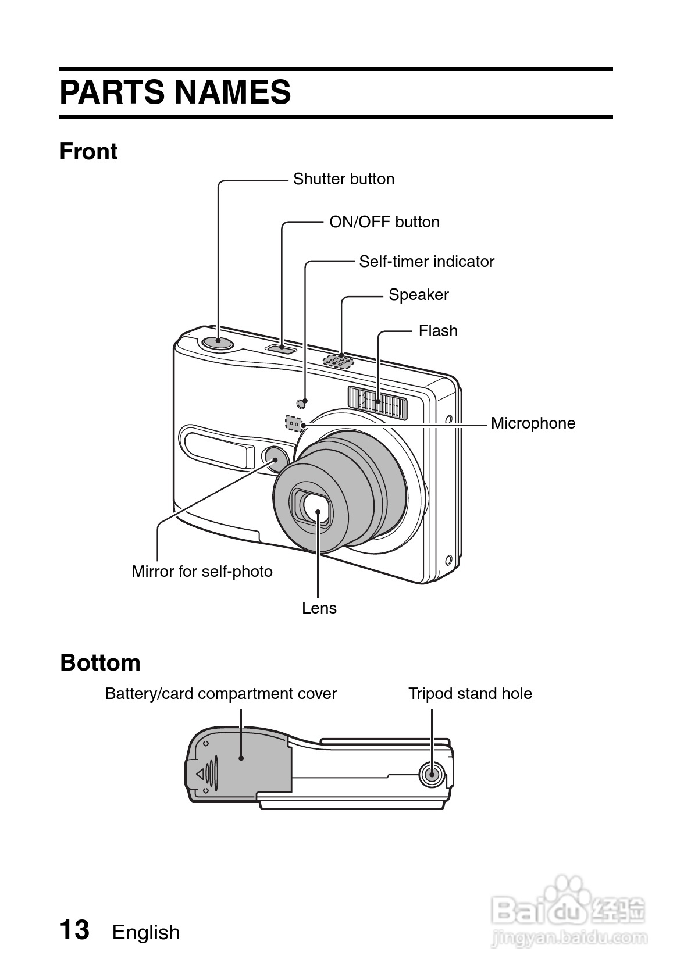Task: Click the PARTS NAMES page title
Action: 175,92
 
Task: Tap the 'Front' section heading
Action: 88,151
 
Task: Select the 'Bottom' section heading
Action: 100,662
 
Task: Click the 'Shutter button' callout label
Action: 344,179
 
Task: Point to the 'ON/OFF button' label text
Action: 384,222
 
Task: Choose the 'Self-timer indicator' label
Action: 427,262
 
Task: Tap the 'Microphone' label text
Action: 533,423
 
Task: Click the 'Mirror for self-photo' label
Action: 202,571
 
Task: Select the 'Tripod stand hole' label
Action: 470,693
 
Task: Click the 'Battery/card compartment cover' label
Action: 221,693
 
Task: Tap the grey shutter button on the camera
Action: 218,343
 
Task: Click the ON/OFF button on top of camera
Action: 282,348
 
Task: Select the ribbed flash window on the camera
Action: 377,402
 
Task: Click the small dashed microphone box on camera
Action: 294,423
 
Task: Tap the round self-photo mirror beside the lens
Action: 275,459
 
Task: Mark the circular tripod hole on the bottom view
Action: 432,775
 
